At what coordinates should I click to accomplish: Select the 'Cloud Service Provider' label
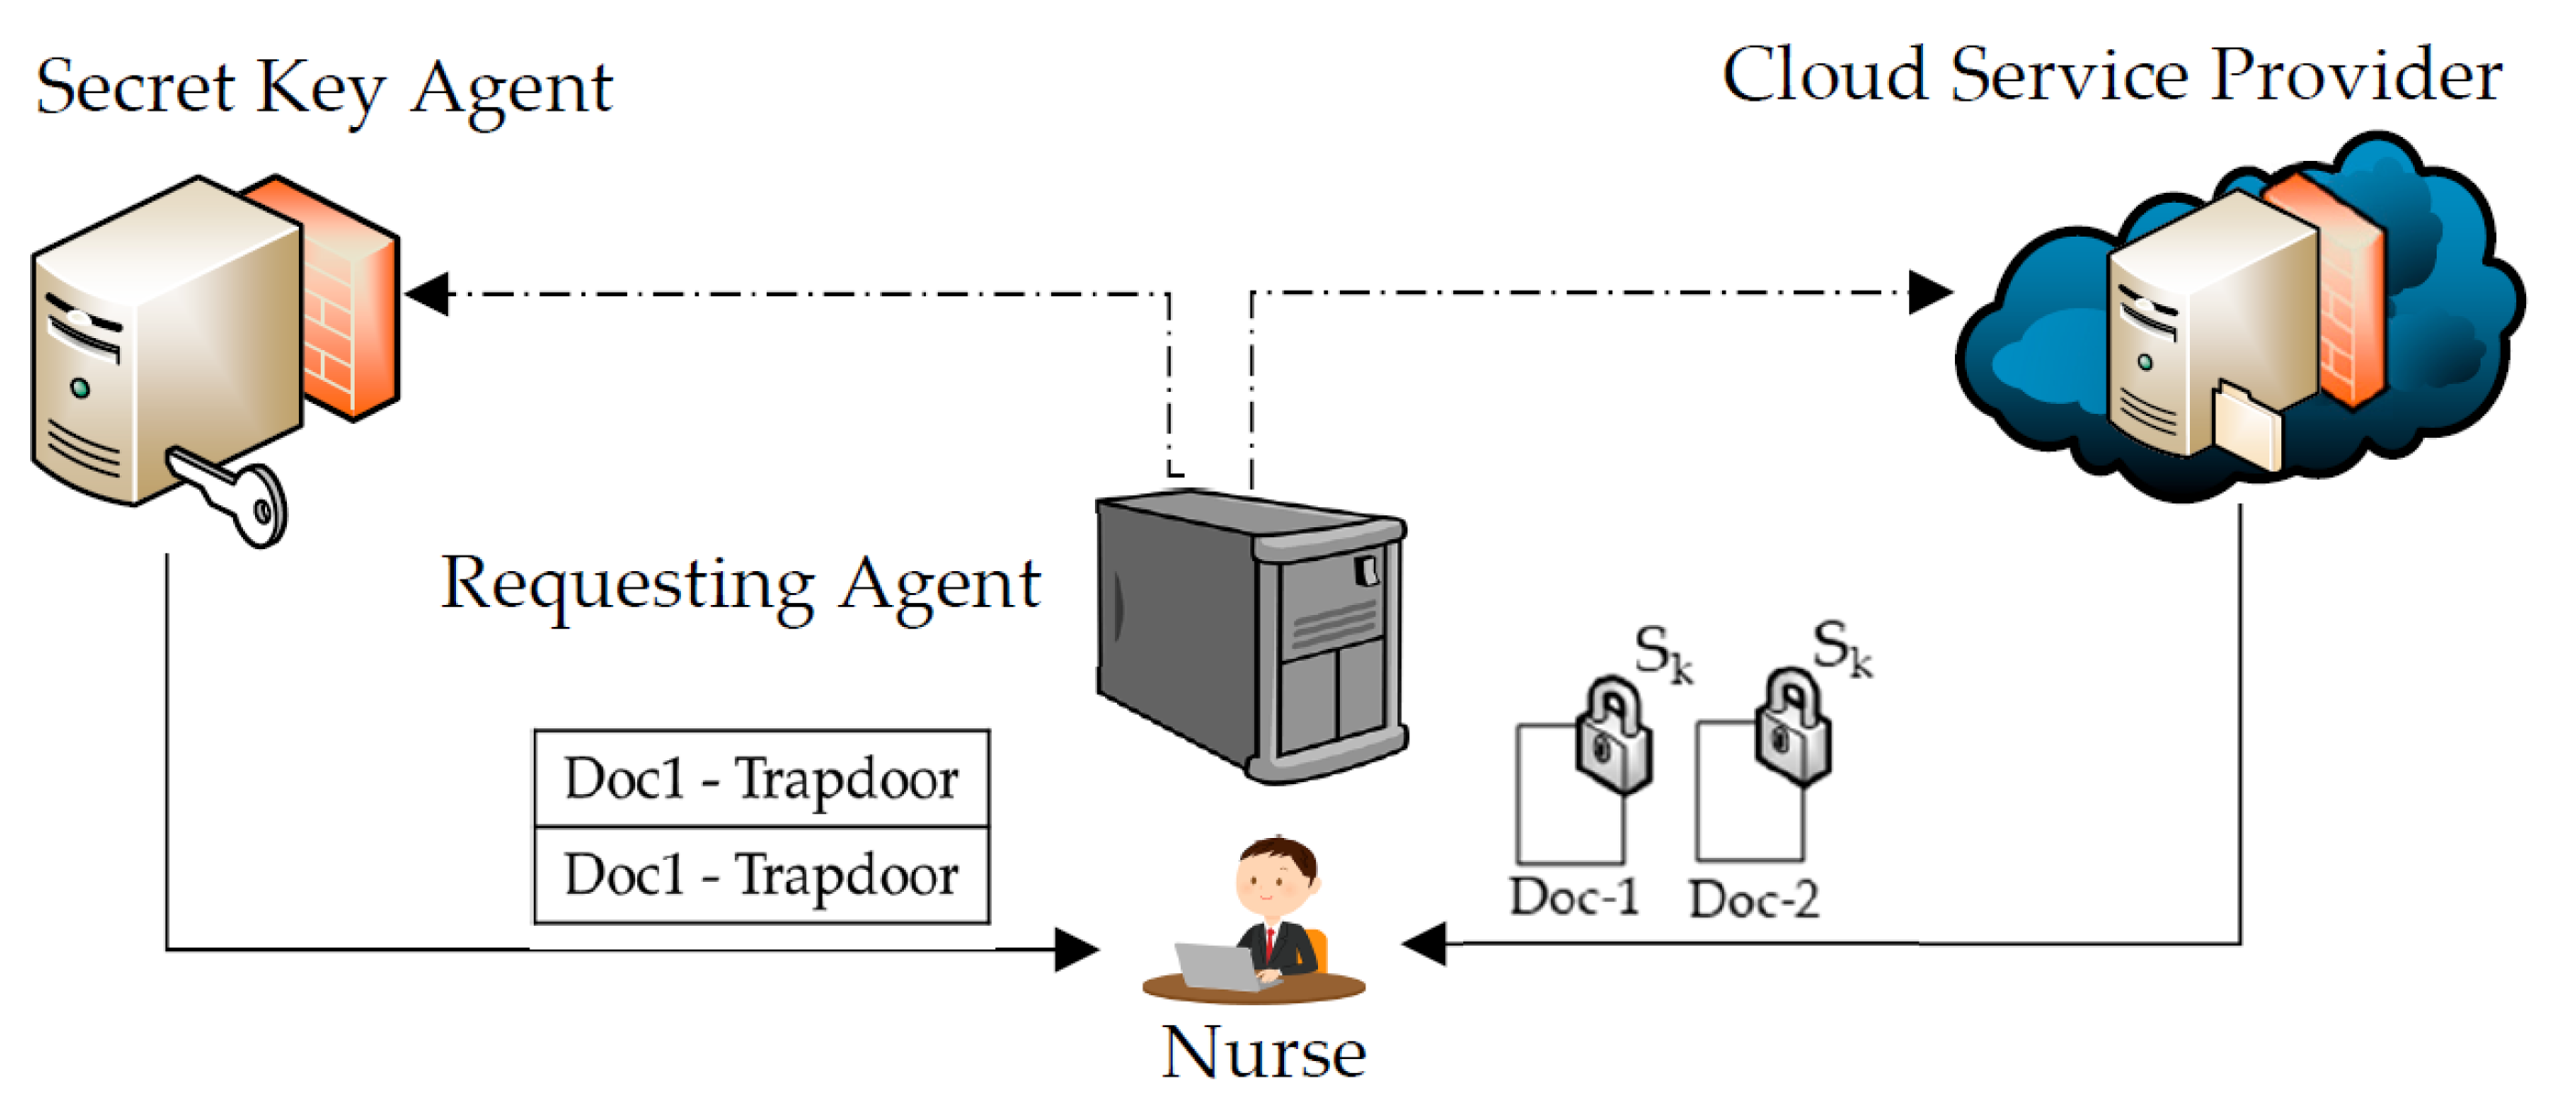2111,76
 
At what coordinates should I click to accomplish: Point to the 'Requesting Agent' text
740,584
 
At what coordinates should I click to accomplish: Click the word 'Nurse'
1263,1052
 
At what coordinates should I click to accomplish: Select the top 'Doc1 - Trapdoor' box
761,779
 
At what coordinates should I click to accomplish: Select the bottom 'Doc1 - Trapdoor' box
761,875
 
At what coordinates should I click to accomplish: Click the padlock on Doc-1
1612,737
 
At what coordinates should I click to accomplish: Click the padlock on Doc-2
1791,730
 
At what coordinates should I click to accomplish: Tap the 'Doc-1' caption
1574,897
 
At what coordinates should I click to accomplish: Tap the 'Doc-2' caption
1753,899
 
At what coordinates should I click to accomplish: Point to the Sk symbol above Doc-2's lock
1843,649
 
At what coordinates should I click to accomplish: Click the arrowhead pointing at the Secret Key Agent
428,294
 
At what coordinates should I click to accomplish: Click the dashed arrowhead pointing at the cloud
1929,292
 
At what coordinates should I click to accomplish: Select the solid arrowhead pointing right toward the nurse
1076,949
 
